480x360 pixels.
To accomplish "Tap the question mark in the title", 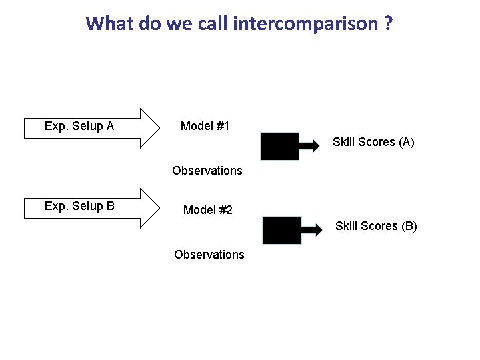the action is click(x=387, y=24).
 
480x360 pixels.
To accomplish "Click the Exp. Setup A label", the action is click(x=79, y=126).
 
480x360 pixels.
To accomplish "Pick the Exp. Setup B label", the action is click(x=79, y=206).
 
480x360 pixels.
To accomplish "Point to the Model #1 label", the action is click(x=205, y=126).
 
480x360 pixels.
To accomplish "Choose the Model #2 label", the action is click(x=208, y=210).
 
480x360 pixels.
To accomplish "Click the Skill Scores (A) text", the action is click(x=373, y=142).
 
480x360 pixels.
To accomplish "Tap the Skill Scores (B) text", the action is click(x=376, y=226).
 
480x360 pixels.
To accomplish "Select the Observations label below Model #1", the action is click(x=207, y=171).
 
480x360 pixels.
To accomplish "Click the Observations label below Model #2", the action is click(x=209, y=255).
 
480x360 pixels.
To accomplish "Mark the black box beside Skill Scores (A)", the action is click(x=279, y=146).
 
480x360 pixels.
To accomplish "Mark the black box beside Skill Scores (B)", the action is click(x=281, y=230).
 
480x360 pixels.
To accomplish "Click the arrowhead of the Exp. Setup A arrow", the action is click(x=151, y=127).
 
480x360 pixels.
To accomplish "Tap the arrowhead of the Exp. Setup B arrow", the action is click(x=151, y=207).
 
